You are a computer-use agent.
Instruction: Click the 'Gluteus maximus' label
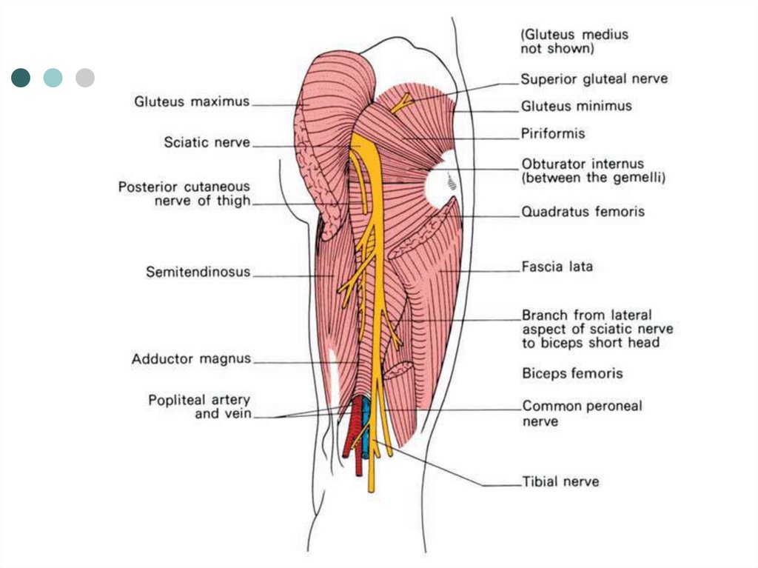tap(192, 101)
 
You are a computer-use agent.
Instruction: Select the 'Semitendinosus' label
tap(198, 273)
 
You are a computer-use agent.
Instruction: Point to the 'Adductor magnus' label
tap(191, 359)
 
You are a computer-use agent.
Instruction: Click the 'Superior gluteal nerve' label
tap(594, 79)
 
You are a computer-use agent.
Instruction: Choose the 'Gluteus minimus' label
tap(576, 106)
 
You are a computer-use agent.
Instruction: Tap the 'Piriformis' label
tap(553, 134)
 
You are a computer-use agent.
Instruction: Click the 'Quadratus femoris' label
tap(583, 212)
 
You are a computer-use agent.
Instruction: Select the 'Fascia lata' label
tap(557, 267)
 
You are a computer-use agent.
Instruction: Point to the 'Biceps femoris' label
tap(572, 373)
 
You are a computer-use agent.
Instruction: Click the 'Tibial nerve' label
tap(560, 481)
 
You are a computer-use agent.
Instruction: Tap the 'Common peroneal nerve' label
tap(582, 413)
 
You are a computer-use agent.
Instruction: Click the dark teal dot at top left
tap(21, 78)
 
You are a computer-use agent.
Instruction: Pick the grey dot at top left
tap(85, 78)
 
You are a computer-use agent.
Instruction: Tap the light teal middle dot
tap(53, 78)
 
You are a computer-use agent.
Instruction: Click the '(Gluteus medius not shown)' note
tap(574, 41)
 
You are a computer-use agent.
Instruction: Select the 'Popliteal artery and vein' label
tap(199, 407)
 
